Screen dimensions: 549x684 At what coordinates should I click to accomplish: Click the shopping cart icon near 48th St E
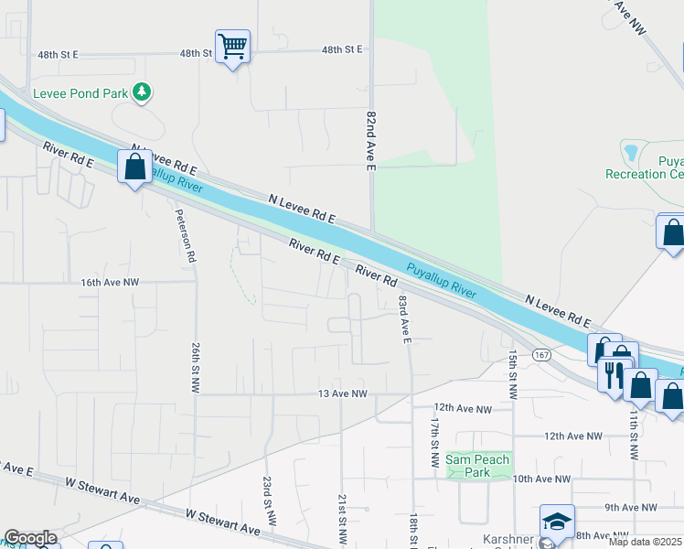[232, 46]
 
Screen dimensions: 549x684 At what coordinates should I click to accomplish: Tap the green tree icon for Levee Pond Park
[141, 91]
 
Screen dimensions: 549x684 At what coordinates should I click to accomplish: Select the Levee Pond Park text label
[80, 92]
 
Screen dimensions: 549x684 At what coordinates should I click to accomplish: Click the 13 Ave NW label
[342, 394]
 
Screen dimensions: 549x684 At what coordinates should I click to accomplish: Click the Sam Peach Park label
[480, 466]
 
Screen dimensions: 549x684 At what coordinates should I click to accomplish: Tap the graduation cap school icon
[557, 521]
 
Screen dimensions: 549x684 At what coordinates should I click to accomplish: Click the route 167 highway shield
[542, 355]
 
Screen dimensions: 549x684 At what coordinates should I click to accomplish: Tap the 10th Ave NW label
[541, 479]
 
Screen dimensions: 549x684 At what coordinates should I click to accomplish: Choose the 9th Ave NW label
[632, 507]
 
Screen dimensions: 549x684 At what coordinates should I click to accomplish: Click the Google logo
[30, 538]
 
